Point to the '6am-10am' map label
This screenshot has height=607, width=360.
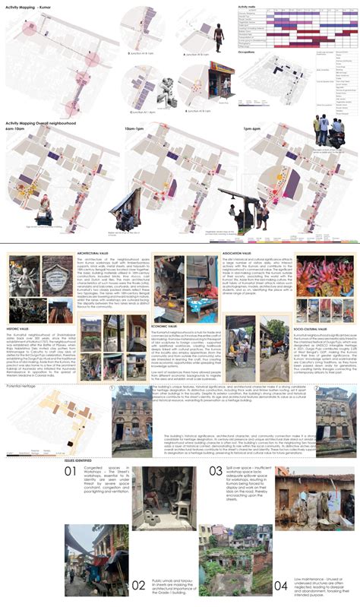16,128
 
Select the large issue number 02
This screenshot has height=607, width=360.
138,585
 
